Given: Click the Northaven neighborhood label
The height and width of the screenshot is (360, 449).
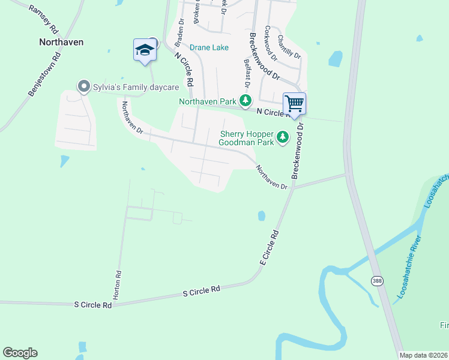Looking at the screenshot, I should point(61,42).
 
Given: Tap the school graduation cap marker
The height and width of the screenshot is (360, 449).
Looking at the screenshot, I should point(145,49).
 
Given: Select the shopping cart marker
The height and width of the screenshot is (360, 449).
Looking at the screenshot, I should point(294,103).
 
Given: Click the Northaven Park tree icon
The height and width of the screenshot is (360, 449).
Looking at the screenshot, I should point(245,101).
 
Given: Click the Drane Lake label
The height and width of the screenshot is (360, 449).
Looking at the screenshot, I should point(209,47).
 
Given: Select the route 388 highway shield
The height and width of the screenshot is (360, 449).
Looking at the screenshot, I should point(376,281).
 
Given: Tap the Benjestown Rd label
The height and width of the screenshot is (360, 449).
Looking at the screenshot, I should point(46,76).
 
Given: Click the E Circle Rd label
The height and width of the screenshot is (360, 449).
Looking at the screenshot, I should point(270,248).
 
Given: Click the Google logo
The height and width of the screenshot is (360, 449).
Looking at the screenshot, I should point(20,353).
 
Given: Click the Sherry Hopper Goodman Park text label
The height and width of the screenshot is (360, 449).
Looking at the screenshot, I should point(247,138).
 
